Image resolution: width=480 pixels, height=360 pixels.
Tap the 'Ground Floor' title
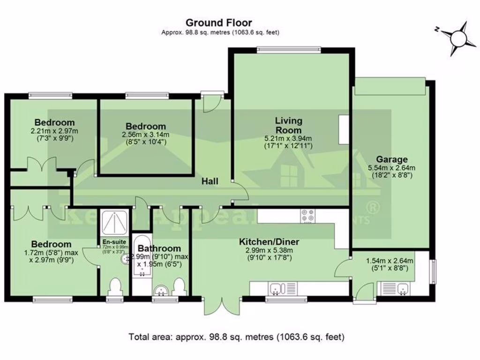pos(218,22)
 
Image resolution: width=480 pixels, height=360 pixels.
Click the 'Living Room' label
pos(288,126)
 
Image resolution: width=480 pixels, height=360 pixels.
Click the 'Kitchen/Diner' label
pos(269,242)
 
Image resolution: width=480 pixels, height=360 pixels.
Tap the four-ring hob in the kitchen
pos(308,215)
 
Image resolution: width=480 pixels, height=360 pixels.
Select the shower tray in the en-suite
pos(114,223)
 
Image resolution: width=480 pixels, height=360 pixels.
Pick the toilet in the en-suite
pos(115,286)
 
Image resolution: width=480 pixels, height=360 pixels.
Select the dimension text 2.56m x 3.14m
pos(145,135)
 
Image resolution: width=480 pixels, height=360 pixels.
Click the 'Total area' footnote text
pos(237,337)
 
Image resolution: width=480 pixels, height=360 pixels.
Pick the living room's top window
pos(289,48)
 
